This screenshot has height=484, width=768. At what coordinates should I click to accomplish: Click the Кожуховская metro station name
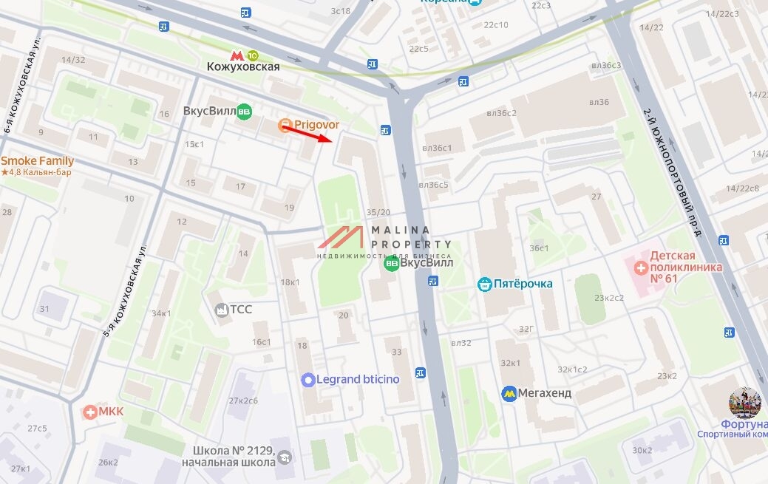pyautogui.click(x=243, y=67)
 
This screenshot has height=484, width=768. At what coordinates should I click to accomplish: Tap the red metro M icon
pyautogui.click(x=237, y=55)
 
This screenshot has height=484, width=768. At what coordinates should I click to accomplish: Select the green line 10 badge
pyautogui.click(x=253, y=55)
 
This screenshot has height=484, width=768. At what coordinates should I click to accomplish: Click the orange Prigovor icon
pyautogui.click(x=285, y=126)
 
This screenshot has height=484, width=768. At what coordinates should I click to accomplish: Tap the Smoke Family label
pyautogui.click(x=37, y=161)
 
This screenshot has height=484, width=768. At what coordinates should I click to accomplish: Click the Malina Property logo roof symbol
pyautogui.click(x=341, y=237)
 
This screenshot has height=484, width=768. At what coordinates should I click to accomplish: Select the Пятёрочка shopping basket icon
pyautogui.click(x=485, y=284)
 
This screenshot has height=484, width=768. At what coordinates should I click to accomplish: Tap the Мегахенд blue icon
pyautogui.click(x=509, y=393)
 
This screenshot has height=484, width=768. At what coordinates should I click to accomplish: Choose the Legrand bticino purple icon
pyautogui.click(x=308, y=380)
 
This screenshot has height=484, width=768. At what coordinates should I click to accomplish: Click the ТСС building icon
pyautogui.click(x=220, y=310)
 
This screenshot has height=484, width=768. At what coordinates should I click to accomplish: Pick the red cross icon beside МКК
pyautogui.click(x=90, y=412)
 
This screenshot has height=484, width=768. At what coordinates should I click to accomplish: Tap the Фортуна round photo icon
pyautogui.click(x=744, y=403)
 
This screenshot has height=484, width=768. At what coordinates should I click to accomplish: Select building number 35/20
pyautogui.click(x=379, y=212)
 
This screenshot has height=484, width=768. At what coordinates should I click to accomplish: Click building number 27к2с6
pyautogui.click(x=243, y=401)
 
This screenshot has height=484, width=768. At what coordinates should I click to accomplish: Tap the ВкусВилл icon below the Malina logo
pyautogui.click(x=392, y=263)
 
